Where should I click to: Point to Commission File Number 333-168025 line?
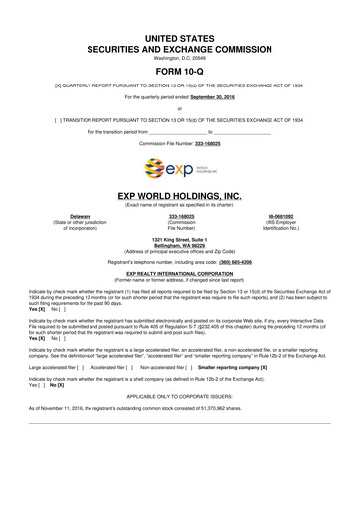[179, 143]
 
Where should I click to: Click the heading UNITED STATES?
[180, 35]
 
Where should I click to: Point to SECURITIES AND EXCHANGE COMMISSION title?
[180, 46]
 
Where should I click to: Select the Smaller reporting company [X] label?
[230, 367]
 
